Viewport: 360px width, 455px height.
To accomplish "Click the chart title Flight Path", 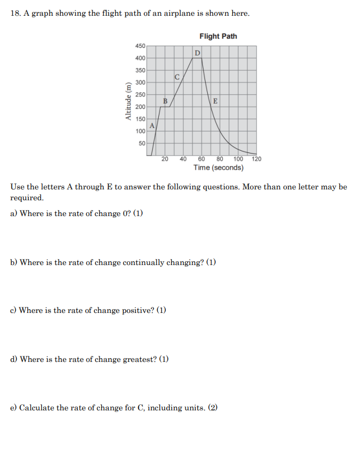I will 218,36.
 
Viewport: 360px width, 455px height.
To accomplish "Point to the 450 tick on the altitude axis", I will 140,46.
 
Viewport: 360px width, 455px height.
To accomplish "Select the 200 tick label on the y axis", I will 140,107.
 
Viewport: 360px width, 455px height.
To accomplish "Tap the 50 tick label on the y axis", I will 141,143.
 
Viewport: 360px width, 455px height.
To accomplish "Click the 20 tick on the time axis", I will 165,159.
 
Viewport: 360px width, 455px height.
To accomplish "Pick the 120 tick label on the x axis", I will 256,159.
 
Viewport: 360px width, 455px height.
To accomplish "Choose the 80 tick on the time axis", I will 220,159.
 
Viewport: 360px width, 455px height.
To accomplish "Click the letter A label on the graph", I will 152,125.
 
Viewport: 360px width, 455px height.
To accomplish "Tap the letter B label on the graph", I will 165,101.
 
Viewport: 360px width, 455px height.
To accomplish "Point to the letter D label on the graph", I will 197,53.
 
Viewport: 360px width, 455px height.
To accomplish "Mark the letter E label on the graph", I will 215,101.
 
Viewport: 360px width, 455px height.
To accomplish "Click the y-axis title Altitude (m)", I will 128,101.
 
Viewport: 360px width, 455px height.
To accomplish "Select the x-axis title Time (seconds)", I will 218,168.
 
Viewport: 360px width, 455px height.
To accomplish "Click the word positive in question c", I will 138,311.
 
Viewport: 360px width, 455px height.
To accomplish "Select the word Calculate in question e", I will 36,408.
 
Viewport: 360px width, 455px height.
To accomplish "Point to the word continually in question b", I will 143,262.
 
